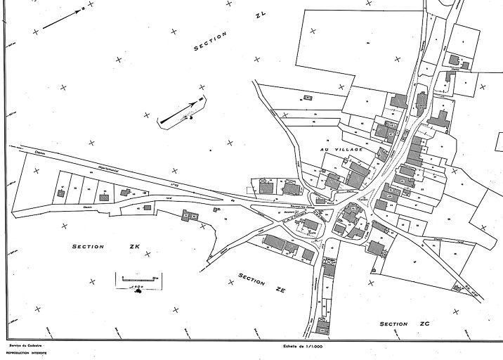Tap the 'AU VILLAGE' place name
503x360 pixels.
[x=341, y=150]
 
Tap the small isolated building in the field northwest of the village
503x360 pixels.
[x=308, y=96]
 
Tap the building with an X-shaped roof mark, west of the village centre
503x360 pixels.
[x=266, y=186]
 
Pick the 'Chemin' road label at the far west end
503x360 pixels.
[x=19, y=148]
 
